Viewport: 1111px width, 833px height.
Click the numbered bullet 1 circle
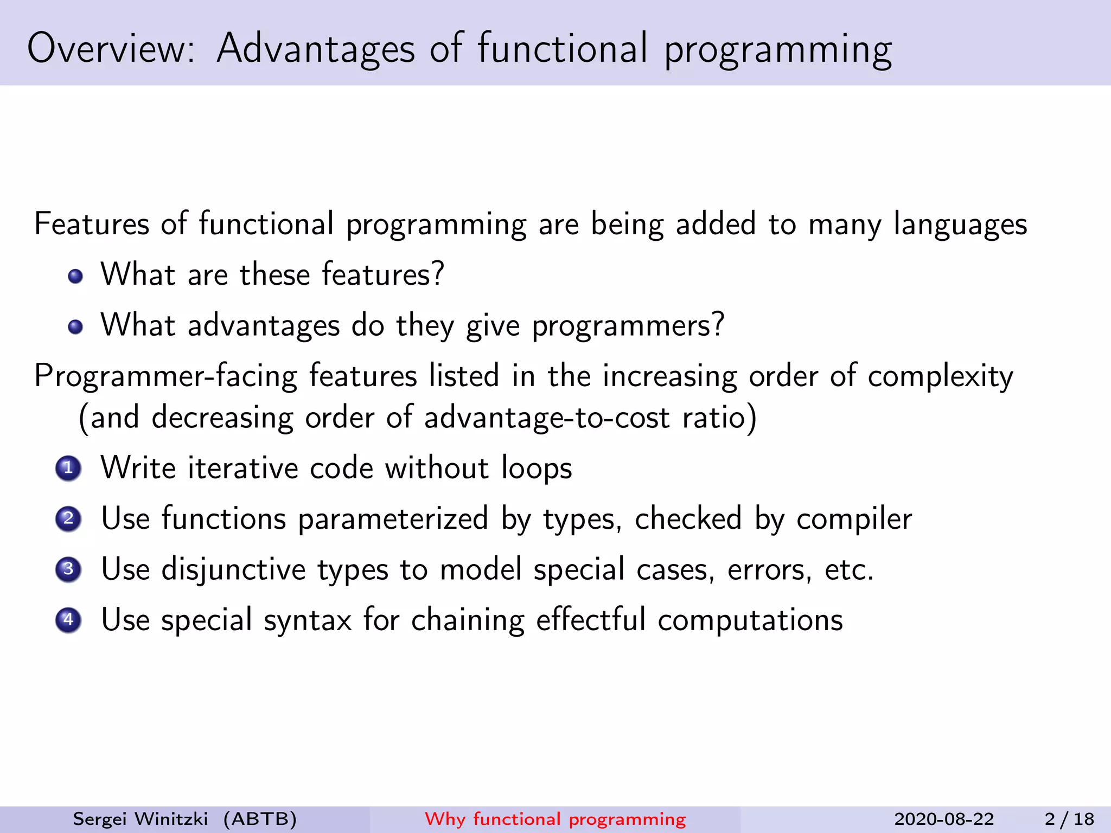pyautogui.click(x=68, y=468)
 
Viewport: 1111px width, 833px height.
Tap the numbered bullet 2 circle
pyautogui.click(x=68, y=519)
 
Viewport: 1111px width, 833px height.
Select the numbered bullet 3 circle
pyautogui.click(x=68, y=569)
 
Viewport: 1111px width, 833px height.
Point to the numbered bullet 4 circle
pyautogui.click(x=68, y=620)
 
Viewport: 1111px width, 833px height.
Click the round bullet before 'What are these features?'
pyautogui.click(x=75, y=277)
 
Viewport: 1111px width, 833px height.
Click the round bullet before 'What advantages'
pyautogui.click(x=75, y=327)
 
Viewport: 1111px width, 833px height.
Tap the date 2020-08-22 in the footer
pyautogui.click(x=944, y=819)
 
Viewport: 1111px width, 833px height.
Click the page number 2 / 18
pyautogui.click(x=1069, y=819)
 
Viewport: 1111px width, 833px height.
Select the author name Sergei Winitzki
pyautogui.click(x=141, y=819)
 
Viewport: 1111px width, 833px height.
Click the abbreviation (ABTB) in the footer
pyautogui.click(x=260, y=819)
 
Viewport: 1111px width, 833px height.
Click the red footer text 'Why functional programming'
pyautogui.click(x=555, y=819)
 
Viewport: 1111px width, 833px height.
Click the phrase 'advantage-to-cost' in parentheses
pyautogui.click(x=546, y=418)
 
